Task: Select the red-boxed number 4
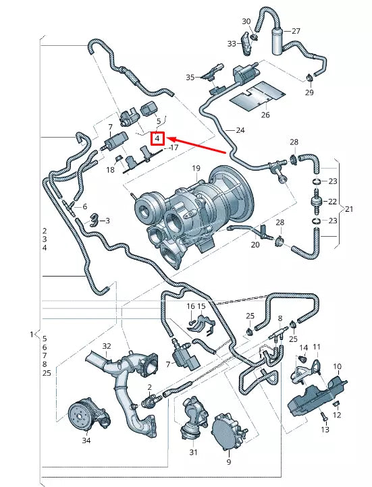[x=157, y=139]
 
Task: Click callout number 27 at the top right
[x=296, y=31]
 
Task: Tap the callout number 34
[x=85, y=440]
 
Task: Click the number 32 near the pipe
[x=106, y=346]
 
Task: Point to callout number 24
[x=240, y=130]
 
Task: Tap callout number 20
[x=255, y=245]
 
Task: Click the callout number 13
[x=325, y=430]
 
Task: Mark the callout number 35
[x=190, y=78]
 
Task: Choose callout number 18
[x=109, y=171]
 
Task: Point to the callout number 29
[x=309, y=92]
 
